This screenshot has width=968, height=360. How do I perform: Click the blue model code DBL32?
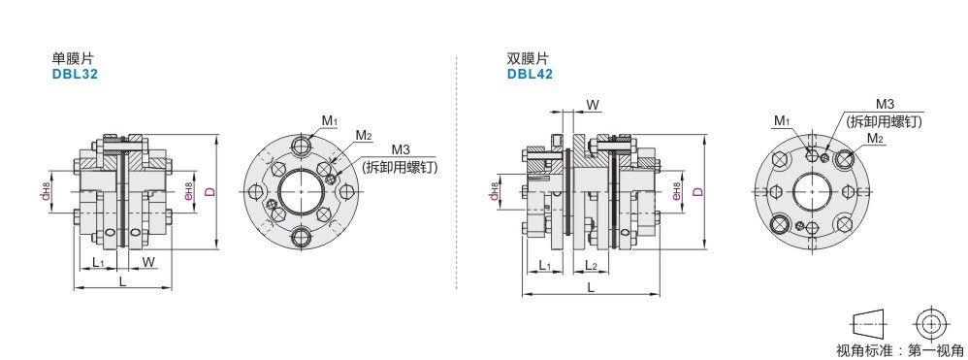click(x=75, y=74)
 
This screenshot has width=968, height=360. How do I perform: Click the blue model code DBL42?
click(x=530, y=74)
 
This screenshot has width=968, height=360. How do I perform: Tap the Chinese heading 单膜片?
click(x=73, y=59)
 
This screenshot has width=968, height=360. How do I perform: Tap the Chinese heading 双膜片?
click(x=528, y=59)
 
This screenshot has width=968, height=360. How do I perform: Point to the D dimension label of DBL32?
click(x=210, y=192)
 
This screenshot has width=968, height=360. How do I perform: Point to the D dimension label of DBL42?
click(x=698, y=191)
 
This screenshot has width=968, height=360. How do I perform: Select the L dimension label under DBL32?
click(x=122, y=281)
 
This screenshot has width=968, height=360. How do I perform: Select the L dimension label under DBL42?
click(x=591, y=287)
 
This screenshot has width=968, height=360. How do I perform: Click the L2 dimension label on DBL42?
click(x=591, y=266)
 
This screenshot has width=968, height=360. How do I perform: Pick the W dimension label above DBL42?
click(x=593, y=105)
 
